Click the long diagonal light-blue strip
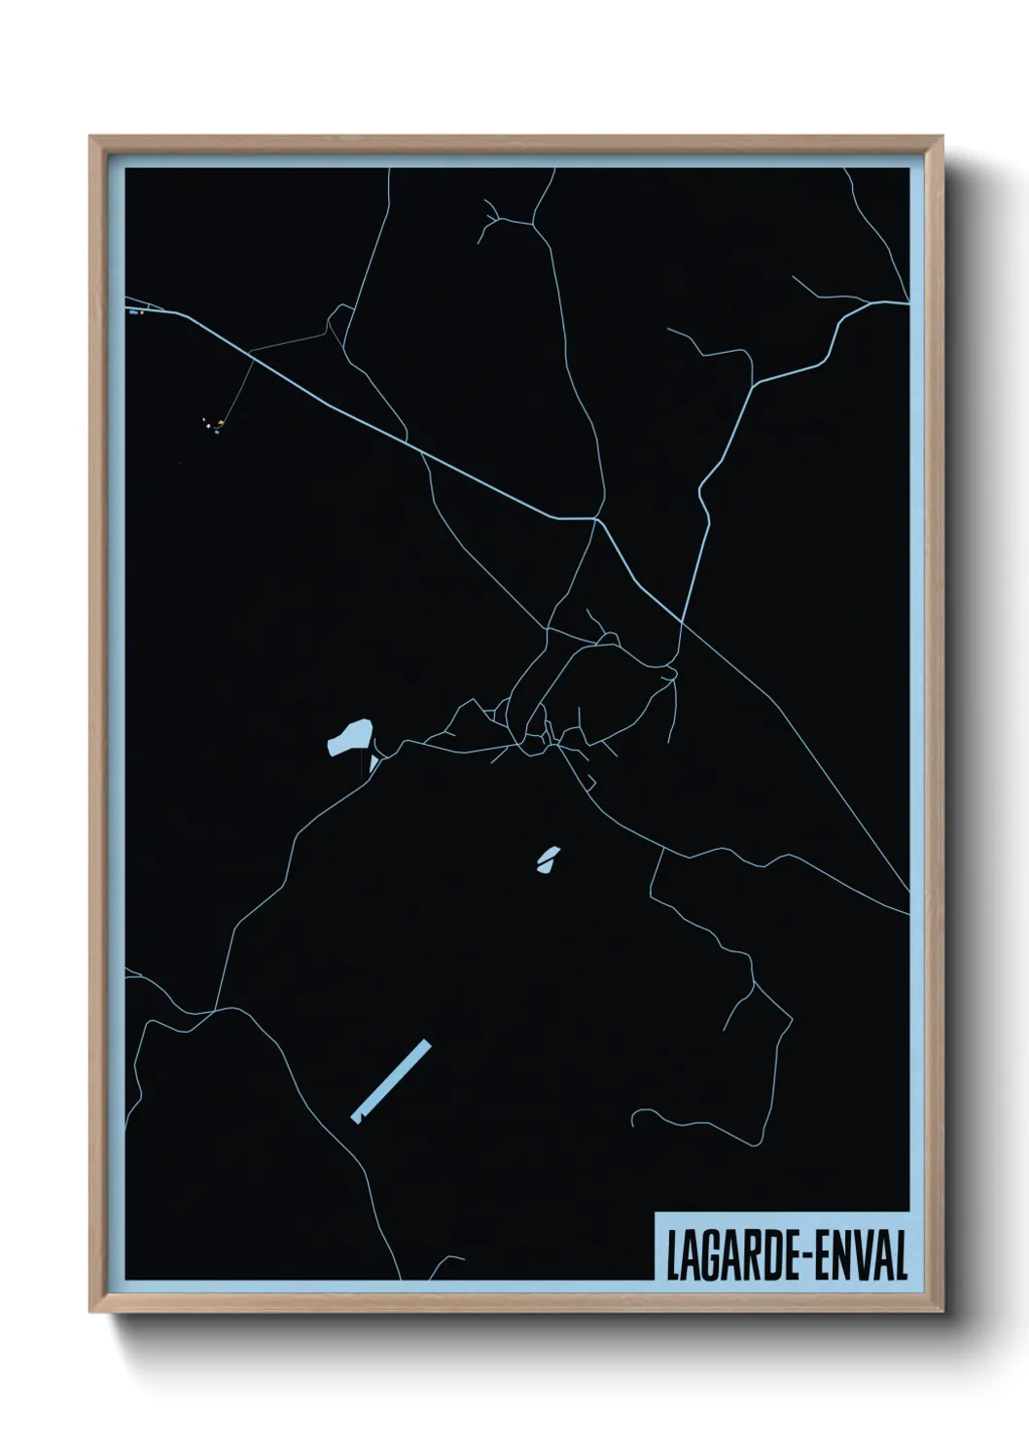pyautogui.click(x=391, y=1081)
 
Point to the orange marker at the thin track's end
pyautogui.click(x=222, y=423)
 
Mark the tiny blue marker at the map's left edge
pyautogui.click(x=132, y=312)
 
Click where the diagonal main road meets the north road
pyautogui.click(x=595, y=519)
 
